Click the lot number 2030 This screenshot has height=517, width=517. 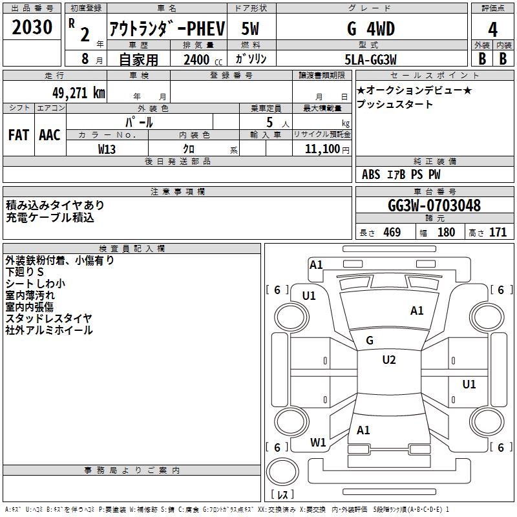(32, 28)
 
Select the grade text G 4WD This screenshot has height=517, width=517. (370, 29)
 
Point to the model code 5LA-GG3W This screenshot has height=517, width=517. (370, 59)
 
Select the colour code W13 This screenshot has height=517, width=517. (107, 149)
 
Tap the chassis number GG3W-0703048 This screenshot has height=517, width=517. (434, 206)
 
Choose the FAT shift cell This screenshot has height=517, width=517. (18, 135)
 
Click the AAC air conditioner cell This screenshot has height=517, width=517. (49, 135)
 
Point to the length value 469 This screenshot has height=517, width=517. (392, 232)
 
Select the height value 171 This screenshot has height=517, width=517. (498, 232)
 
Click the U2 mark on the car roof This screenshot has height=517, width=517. (388, 360)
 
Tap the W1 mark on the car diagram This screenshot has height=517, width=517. (318, 443)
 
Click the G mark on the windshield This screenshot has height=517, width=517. (369, 340)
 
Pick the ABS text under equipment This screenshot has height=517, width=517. (371, 174)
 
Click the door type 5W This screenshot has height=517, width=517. (251, 29)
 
